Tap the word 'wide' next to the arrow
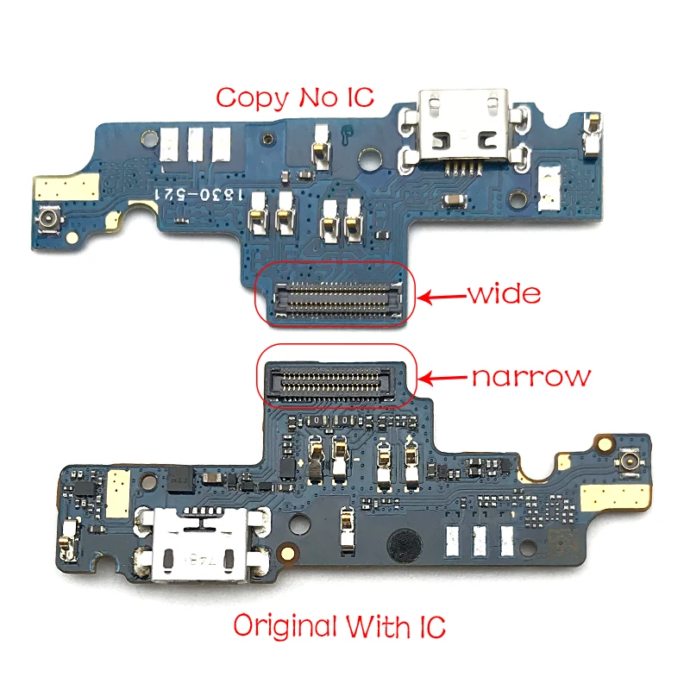click(505, 293)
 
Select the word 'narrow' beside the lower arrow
click(531, 377)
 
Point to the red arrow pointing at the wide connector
click(442, 297)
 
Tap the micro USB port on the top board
click(462, 128)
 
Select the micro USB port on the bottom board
click(200, 544)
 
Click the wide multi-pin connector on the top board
click(336, 299)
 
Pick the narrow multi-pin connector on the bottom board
click(330, 381)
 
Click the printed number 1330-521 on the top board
click(199, 195)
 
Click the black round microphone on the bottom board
click(405, 545)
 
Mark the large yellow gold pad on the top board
click(67, 187)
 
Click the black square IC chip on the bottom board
click(179, 479)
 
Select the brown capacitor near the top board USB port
click(455, 201)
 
